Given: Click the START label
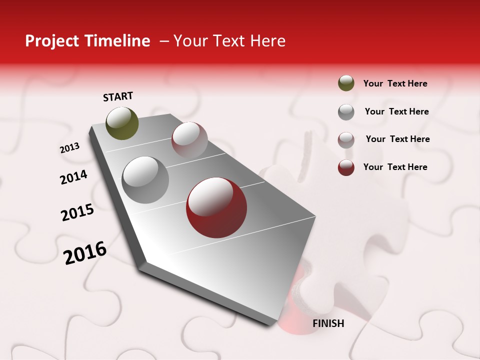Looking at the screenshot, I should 118,96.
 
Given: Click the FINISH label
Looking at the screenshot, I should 328,323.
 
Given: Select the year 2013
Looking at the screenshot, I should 69,148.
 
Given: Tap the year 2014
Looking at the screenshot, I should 73,177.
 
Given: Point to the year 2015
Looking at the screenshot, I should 77,212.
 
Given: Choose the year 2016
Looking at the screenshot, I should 85,252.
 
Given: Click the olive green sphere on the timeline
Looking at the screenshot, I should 122,123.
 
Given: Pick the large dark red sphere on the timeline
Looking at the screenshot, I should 216,207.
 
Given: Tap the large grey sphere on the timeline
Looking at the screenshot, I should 145,180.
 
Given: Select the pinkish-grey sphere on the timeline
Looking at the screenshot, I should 189,140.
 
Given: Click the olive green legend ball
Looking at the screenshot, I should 346,83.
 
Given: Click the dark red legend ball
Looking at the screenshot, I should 346,167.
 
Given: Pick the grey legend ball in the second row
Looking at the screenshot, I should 346,111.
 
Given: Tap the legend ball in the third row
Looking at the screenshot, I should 346,139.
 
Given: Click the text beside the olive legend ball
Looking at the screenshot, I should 395,83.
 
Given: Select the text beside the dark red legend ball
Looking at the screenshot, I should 395,167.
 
